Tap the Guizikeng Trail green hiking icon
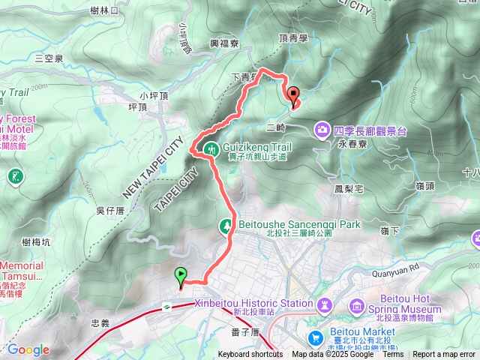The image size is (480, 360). (213, 149)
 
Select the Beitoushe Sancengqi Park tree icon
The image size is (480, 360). (226, 225)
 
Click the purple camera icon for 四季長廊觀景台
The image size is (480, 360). (322, 130)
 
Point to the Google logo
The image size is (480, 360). (28, 349)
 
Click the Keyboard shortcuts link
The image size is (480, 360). (250, 355)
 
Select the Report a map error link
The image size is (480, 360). (444, 355)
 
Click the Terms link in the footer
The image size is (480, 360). (393, 355)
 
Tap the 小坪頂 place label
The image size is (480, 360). (156, 96)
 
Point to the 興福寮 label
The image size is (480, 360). (224, 44)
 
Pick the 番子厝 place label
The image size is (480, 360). (245, 331)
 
